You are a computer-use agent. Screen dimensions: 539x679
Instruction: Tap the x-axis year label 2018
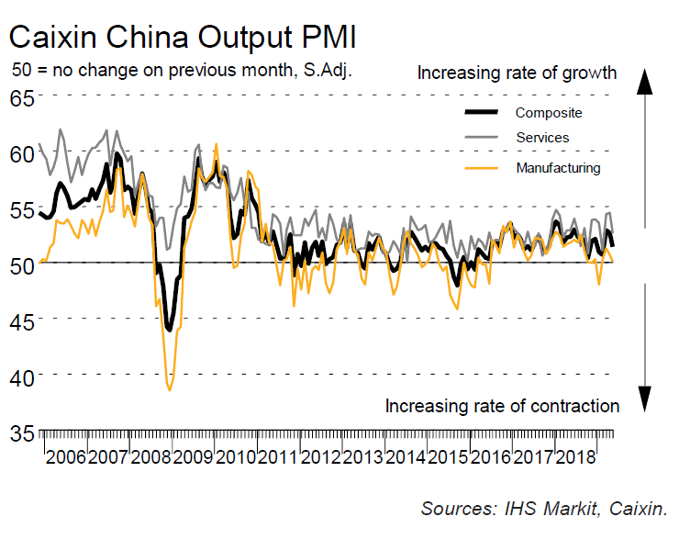tap(579, 456)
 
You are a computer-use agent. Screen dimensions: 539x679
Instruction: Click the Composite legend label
tap(549, 113)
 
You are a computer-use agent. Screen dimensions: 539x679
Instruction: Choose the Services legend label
tap(542, 138)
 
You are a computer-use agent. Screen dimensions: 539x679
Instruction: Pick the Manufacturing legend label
tap(558, 167)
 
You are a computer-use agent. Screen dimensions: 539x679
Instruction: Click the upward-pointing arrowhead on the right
tap(645, 83)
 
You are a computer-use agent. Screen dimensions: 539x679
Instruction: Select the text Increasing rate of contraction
tap(502, 406)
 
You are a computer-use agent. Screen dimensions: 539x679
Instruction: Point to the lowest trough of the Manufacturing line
tap(170, 390)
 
